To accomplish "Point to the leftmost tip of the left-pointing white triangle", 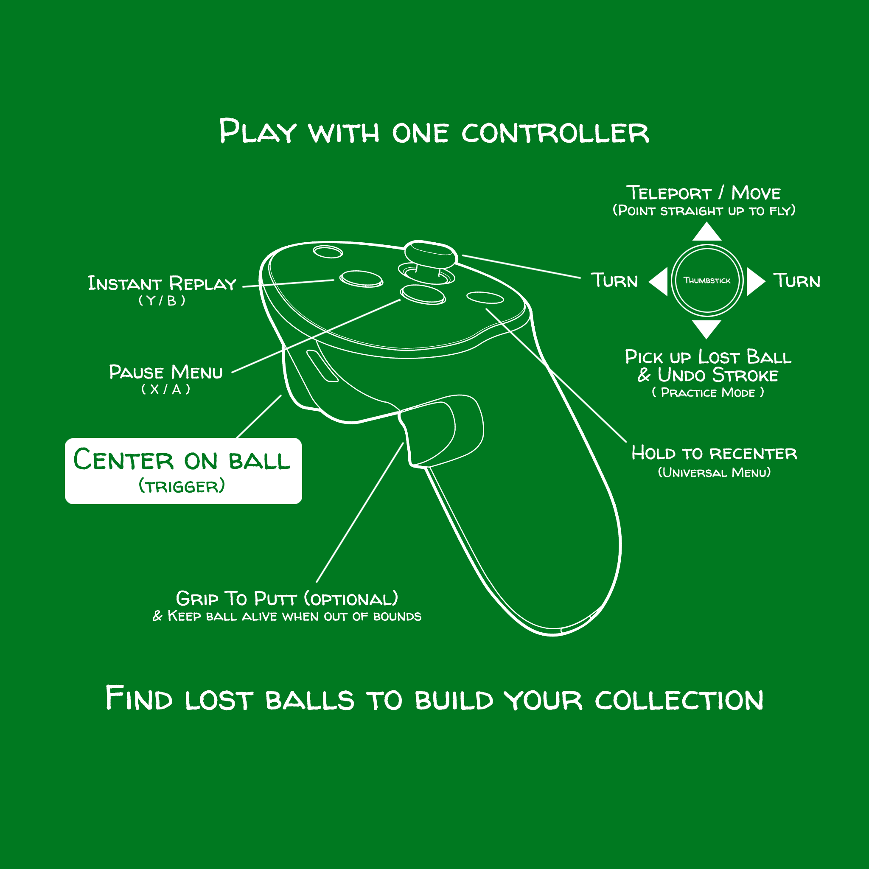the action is coord(649,282).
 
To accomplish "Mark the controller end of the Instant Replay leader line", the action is coord(334,280).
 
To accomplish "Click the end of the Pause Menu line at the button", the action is coord(400,300).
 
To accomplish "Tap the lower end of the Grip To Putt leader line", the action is coord(317,583).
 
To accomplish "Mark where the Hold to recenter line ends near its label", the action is coord(626,442).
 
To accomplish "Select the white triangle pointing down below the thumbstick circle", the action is coord(706,329).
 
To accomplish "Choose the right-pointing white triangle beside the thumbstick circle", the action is coord(756,282).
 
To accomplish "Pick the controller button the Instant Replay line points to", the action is coord(361,279).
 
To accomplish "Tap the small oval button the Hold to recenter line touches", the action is coord(485,298).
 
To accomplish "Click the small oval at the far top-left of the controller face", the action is coord(328,252).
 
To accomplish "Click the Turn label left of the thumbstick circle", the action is coord(614,280).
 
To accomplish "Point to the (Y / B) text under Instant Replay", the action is coord(162,300).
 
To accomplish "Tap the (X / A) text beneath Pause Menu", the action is coord(166,389).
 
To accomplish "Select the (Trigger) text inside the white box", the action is coord(182,486).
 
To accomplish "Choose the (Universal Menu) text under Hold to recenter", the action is coord(714,472).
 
